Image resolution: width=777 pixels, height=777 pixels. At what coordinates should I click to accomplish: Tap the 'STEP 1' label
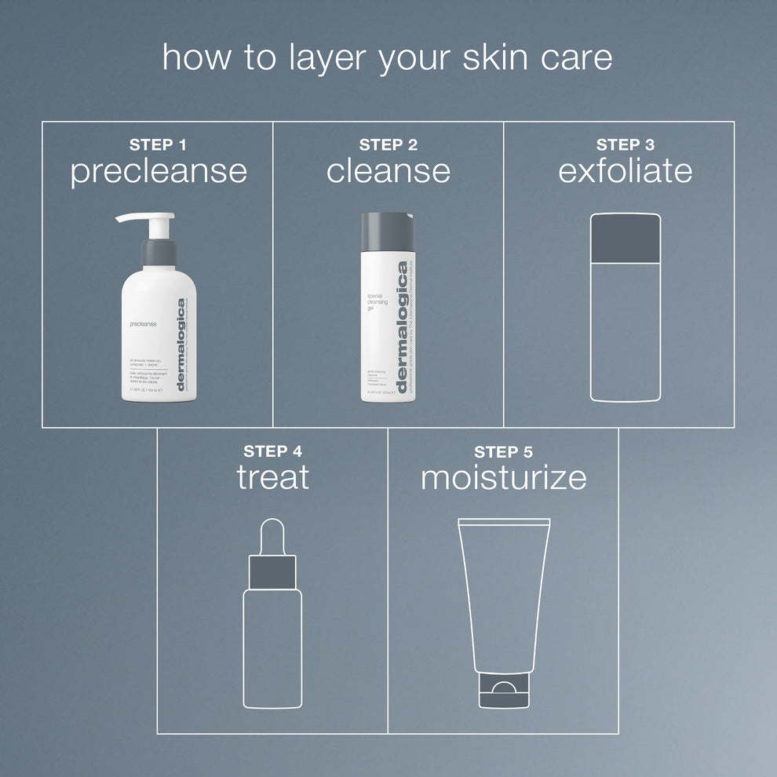click(x=158, y=144)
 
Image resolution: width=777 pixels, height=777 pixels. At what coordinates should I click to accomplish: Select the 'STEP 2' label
click(x=388, y=144)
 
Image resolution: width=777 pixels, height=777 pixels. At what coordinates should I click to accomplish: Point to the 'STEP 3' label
click(x=625, y=144)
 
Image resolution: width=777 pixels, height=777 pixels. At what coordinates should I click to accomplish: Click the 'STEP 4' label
click(x=272, y=451)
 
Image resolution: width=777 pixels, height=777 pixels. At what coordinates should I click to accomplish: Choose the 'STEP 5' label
click(x=503, y=451)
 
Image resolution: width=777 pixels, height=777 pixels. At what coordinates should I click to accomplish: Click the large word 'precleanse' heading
click(x=159, y=172)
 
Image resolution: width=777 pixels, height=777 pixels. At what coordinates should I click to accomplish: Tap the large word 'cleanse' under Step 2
click(x=388, y=171)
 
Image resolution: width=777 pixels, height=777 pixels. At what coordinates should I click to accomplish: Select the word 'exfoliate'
click(x=626, y=171)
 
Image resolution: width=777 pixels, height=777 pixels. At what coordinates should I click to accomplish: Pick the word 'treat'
click(x=273, y=477)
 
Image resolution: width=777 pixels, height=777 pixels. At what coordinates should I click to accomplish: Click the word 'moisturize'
click(x=503, y=477)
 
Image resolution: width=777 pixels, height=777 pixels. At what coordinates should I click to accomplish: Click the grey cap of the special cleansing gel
click(x=387, y=232)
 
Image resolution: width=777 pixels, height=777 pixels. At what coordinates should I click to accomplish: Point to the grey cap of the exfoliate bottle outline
click(x=625, y=239)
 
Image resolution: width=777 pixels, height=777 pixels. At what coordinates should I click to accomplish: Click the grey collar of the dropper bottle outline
click(x=272, y=571)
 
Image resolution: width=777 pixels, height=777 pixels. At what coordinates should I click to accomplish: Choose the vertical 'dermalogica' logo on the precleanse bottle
click(x=181, y=344)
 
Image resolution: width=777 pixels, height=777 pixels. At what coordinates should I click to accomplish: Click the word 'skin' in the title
click(x=490, y=59)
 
